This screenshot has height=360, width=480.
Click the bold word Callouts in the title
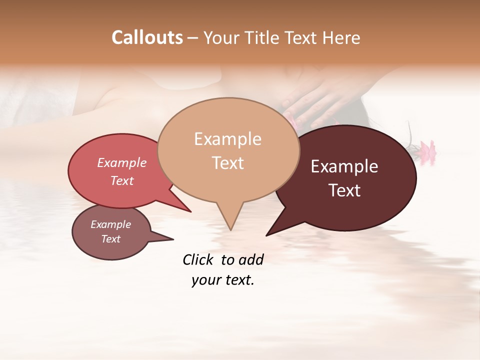click(x=147, y=37)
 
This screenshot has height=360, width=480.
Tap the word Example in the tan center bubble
click(x=227, y=139)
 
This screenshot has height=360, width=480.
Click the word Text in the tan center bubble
click(x=227, y=163)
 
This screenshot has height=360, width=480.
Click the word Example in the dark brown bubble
click(x=344, y=166)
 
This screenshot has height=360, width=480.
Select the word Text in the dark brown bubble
click(x=344, y=190)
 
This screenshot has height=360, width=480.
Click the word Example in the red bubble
click(x=121, y=162)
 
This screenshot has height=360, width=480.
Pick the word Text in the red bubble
click(x=121, y=180)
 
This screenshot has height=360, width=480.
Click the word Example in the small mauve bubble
click(x=110, y=224)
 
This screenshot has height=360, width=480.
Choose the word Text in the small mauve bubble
click(x=110, y=239)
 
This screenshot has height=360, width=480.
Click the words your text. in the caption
click(x=223, y=280)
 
